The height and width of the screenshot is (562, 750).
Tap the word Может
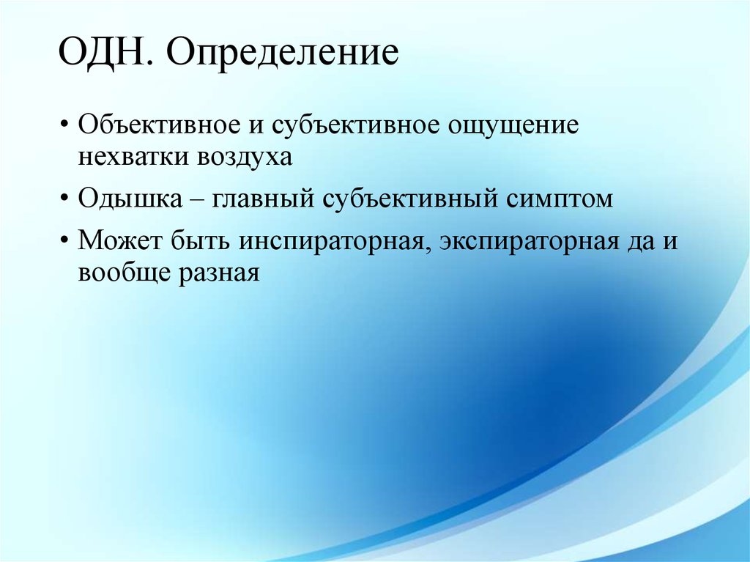pos(120,240)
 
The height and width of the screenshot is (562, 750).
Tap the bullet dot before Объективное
pos(66,125)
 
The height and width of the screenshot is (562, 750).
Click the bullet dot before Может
pos(66,241)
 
